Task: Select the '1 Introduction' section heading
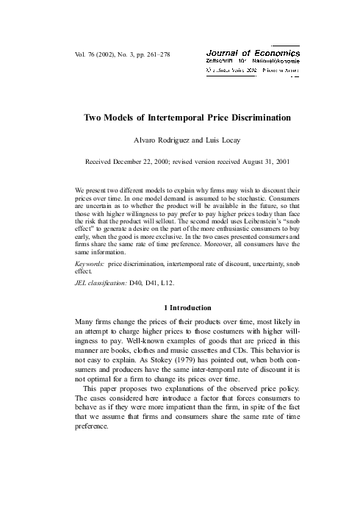(180, 307)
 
